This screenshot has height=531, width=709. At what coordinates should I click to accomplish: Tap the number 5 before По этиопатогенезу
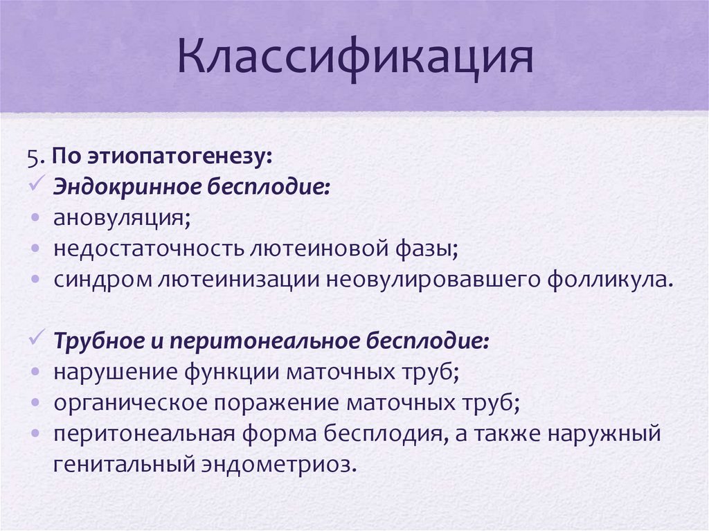pos(32,156)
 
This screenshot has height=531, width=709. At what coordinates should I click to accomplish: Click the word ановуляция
pos(122,219)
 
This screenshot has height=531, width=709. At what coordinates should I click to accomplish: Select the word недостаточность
pos(142,250)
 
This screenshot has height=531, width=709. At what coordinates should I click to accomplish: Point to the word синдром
pos(95,280)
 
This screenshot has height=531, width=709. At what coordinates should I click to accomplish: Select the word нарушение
pos(114,372)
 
